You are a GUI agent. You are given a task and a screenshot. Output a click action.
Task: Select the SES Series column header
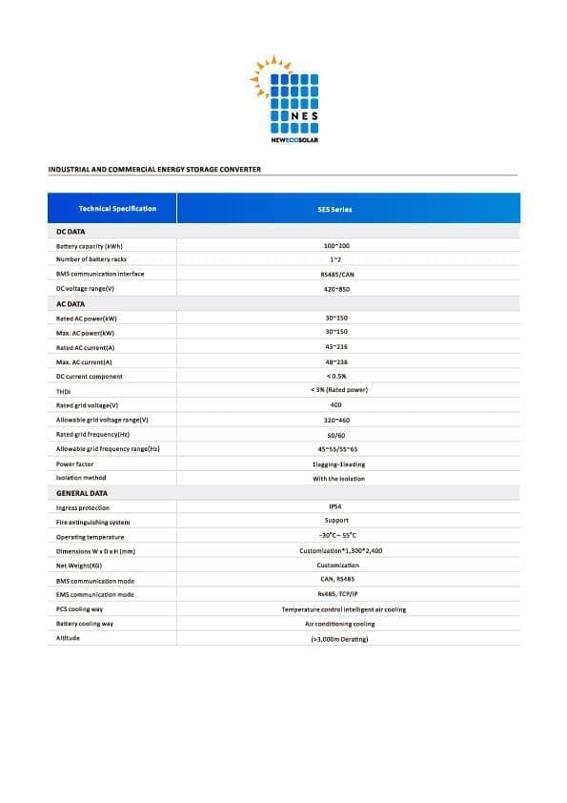click(340, 209)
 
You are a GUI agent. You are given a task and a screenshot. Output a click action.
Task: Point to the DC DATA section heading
click(71, 231)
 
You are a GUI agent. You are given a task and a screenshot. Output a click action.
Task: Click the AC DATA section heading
click(71, 303)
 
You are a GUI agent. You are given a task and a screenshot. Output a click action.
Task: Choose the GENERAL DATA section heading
click(82, 493)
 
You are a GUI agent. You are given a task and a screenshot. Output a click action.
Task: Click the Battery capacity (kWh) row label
click(90, 246)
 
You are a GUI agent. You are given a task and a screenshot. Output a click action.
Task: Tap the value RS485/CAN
click(339, 274)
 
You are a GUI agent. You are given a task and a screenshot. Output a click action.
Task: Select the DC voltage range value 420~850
click(339, 288)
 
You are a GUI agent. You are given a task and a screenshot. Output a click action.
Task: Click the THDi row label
click(64, 391)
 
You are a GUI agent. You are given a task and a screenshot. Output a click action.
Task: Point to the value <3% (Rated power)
click(339, 390)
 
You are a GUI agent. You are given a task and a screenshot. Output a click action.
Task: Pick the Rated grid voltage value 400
click(335, 404)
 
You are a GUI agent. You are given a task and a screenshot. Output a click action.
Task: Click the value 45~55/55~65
click(339, 448)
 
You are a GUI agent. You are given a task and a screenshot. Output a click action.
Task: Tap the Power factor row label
click(75, 463)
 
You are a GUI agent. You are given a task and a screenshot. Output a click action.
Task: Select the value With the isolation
click(338, 478)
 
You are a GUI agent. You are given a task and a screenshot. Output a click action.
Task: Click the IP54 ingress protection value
click(335, 506)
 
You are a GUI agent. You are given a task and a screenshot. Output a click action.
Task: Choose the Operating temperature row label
click(91, 537)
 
